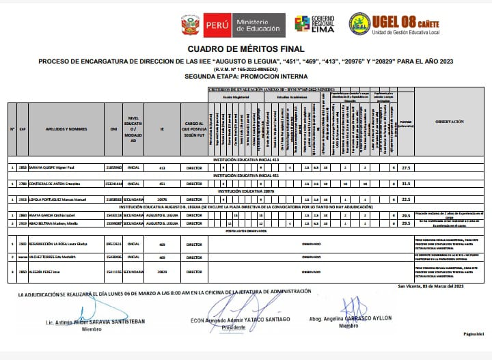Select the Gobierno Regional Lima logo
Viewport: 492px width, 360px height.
tap(314, 25)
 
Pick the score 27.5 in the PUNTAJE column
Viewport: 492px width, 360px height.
tap(405, 167)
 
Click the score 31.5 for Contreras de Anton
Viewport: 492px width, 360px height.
tap(405, 184)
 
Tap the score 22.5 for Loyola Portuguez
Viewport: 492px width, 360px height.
tap(405, 199)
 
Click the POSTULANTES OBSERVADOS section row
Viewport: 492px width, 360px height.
tap(246, 231)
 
